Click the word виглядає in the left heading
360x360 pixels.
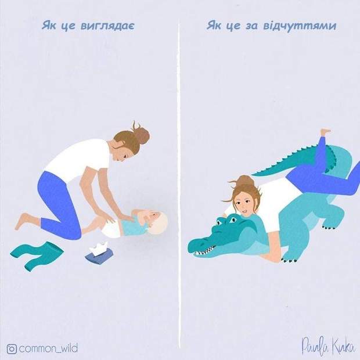click(107, 26)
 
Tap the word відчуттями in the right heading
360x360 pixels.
click(300, 26)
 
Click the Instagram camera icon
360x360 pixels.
click(12, 349)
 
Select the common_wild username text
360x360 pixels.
click(48, 348)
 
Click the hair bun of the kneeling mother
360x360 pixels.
click(142, 135)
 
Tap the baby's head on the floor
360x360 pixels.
click(157, 222)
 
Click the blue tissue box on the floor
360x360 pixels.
click(99, 255)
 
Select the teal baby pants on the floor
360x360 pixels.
click(37, 254)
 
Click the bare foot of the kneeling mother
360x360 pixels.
click(24, 221)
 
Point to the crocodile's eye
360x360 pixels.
click(233, 219)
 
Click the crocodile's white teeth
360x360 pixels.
click(205, 251)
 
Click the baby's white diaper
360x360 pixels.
click(112, 228)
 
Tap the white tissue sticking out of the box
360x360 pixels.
click(99, 247)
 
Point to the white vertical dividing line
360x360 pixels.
click(179, 183)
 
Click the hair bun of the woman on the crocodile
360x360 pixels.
click(244, 181)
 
